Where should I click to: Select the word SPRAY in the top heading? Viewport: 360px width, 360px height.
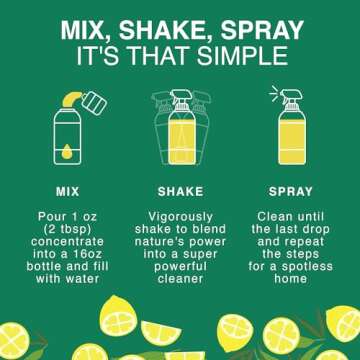(x=261, y=27)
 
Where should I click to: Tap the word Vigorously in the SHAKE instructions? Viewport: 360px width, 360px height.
(x=180, y=215)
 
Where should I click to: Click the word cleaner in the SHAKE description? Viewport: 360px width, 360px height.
(x=180, y=279)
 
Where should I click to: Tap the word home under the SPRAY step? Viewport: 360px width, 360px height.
(x=290, y=279)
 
